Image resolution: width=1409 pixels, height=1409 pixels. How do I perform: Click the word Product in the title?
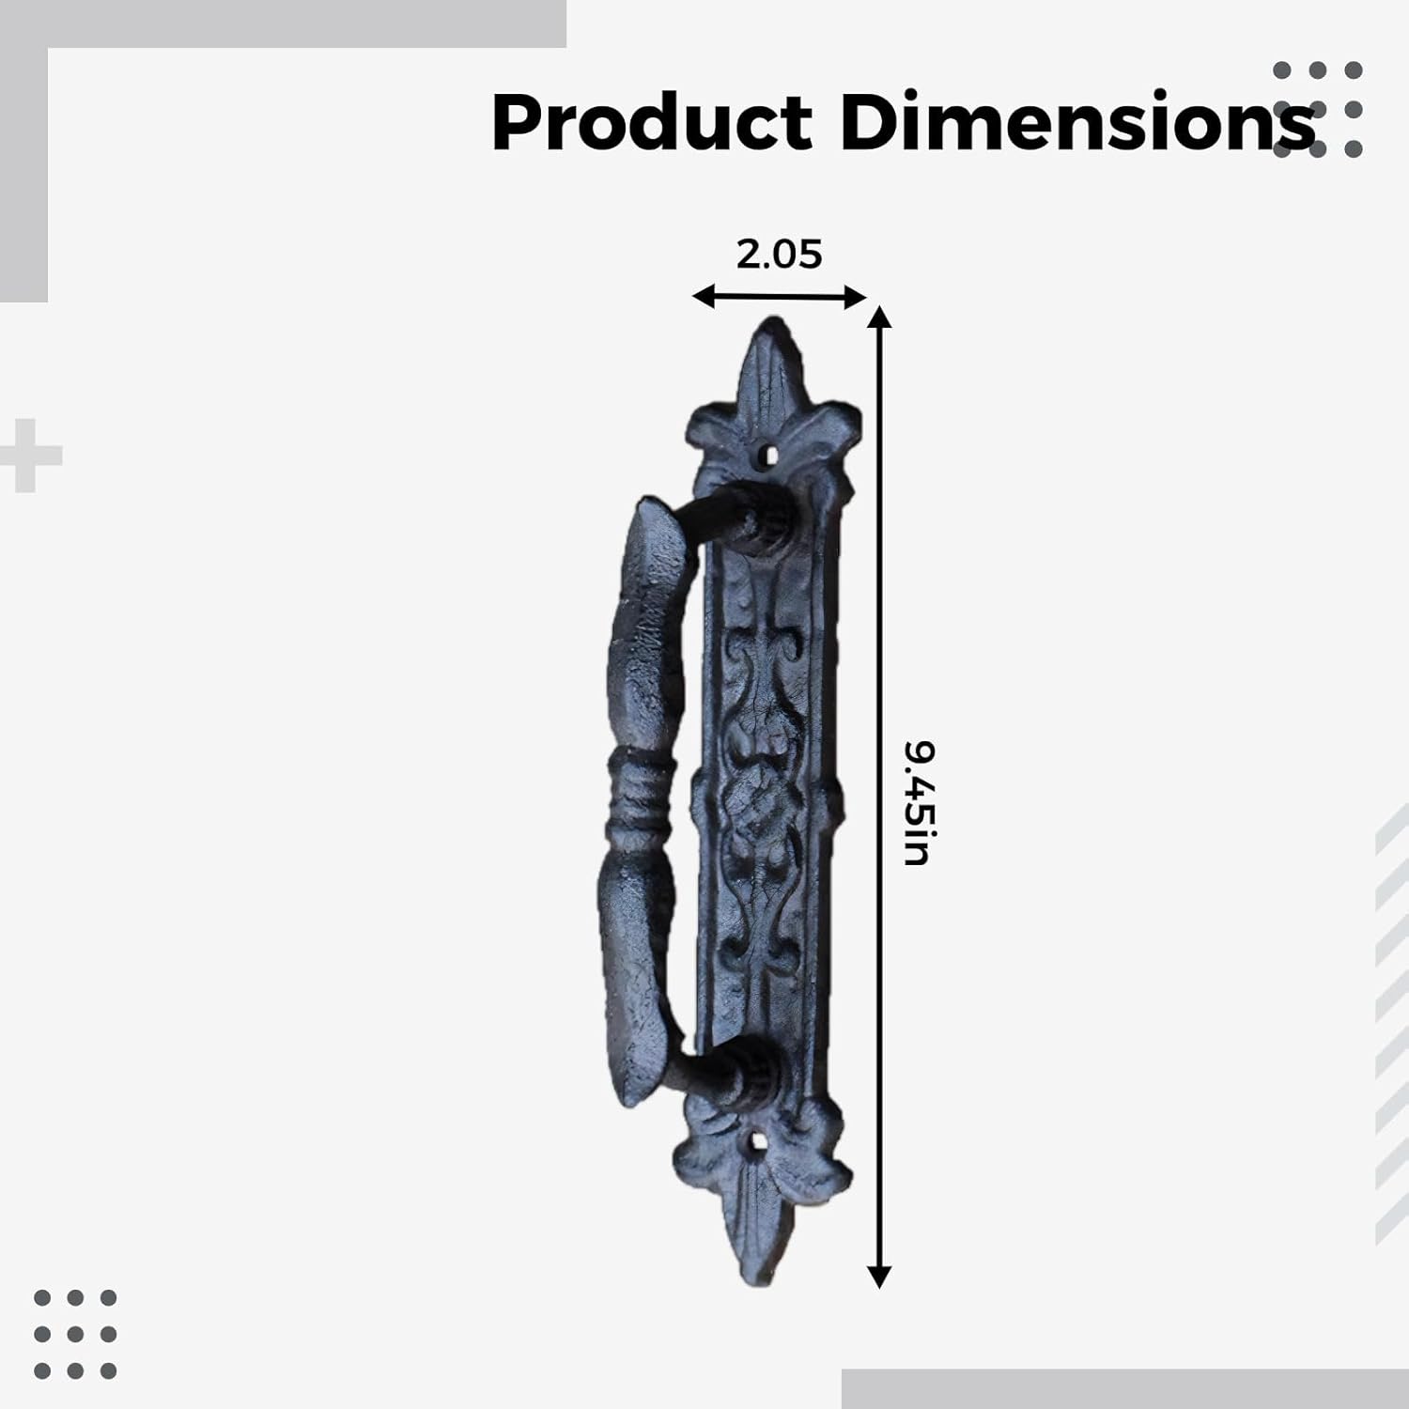652,123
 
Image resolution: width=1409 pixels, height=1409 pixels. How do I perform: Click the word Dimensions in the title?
1077,122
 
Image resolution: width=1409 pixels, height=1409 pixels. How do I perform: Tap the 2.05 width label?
779,254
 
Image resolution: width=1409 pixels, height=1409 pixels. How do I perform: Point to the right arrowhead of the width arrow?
856,299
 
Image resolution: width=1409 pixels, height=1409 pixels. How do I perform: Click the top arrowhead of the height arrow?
878,316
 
